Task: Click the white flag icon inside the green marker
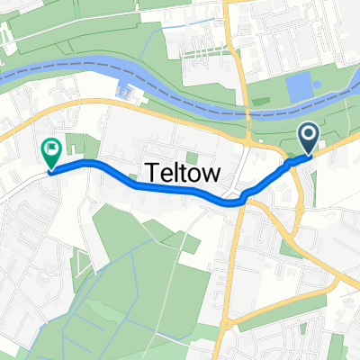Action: point(52,147)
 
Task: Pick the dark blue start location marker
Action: point(309,139)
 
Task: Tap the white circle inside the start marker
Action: point(309,135)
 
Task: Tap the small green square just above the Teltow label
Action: point(192,157)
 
